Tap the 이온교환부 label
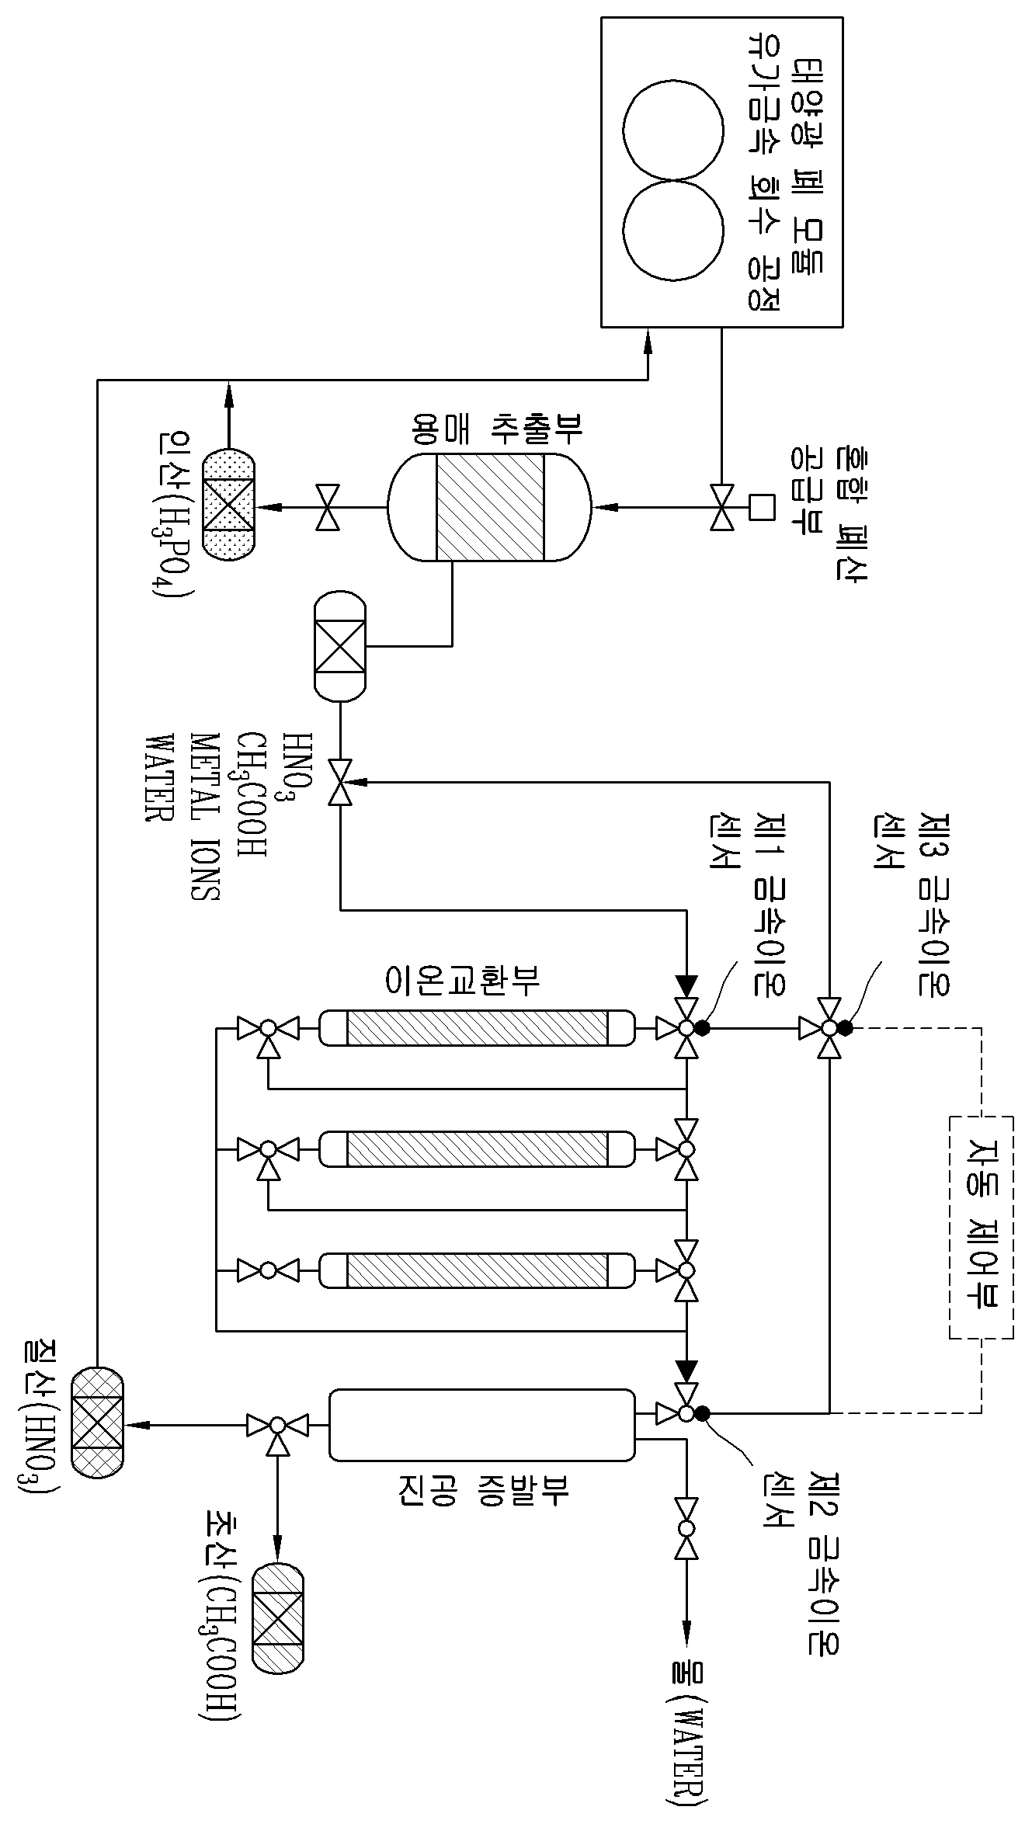coord(463,980)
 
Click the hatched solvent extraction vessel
coord(489,507)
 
